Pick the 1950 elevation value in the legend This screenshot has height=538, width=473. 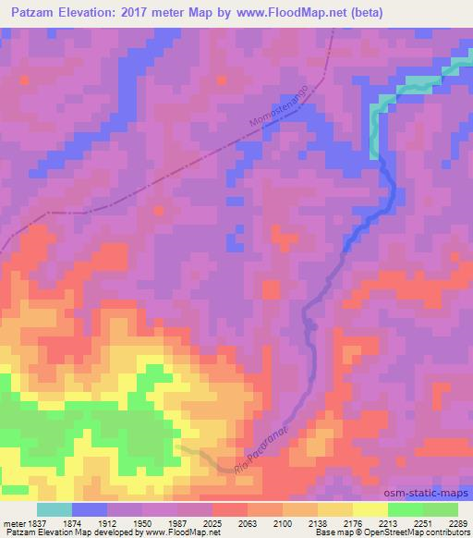pyautogui.click(x=143, y=523)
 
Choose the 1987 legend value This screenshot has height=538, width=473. pyautogui.click(x=179, y=523)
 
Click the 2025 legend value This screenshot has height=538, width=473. pyautogui.click(x=214, y=523)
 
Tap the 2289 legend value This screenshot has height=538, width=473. pyautogui.click(x=458, y=523)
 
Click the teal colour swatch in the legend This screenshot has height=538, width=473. pyautogui.click(x=55, y=509)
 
